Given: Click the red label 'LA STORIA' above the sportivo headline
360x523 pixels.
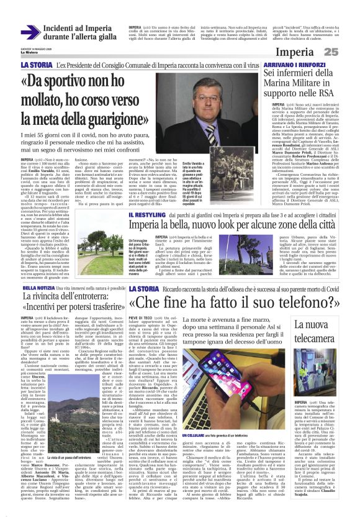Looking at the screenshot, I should coord(38,65).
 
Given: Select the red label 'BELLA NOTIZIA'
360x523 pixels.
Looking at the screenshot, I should coord(40,288).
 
